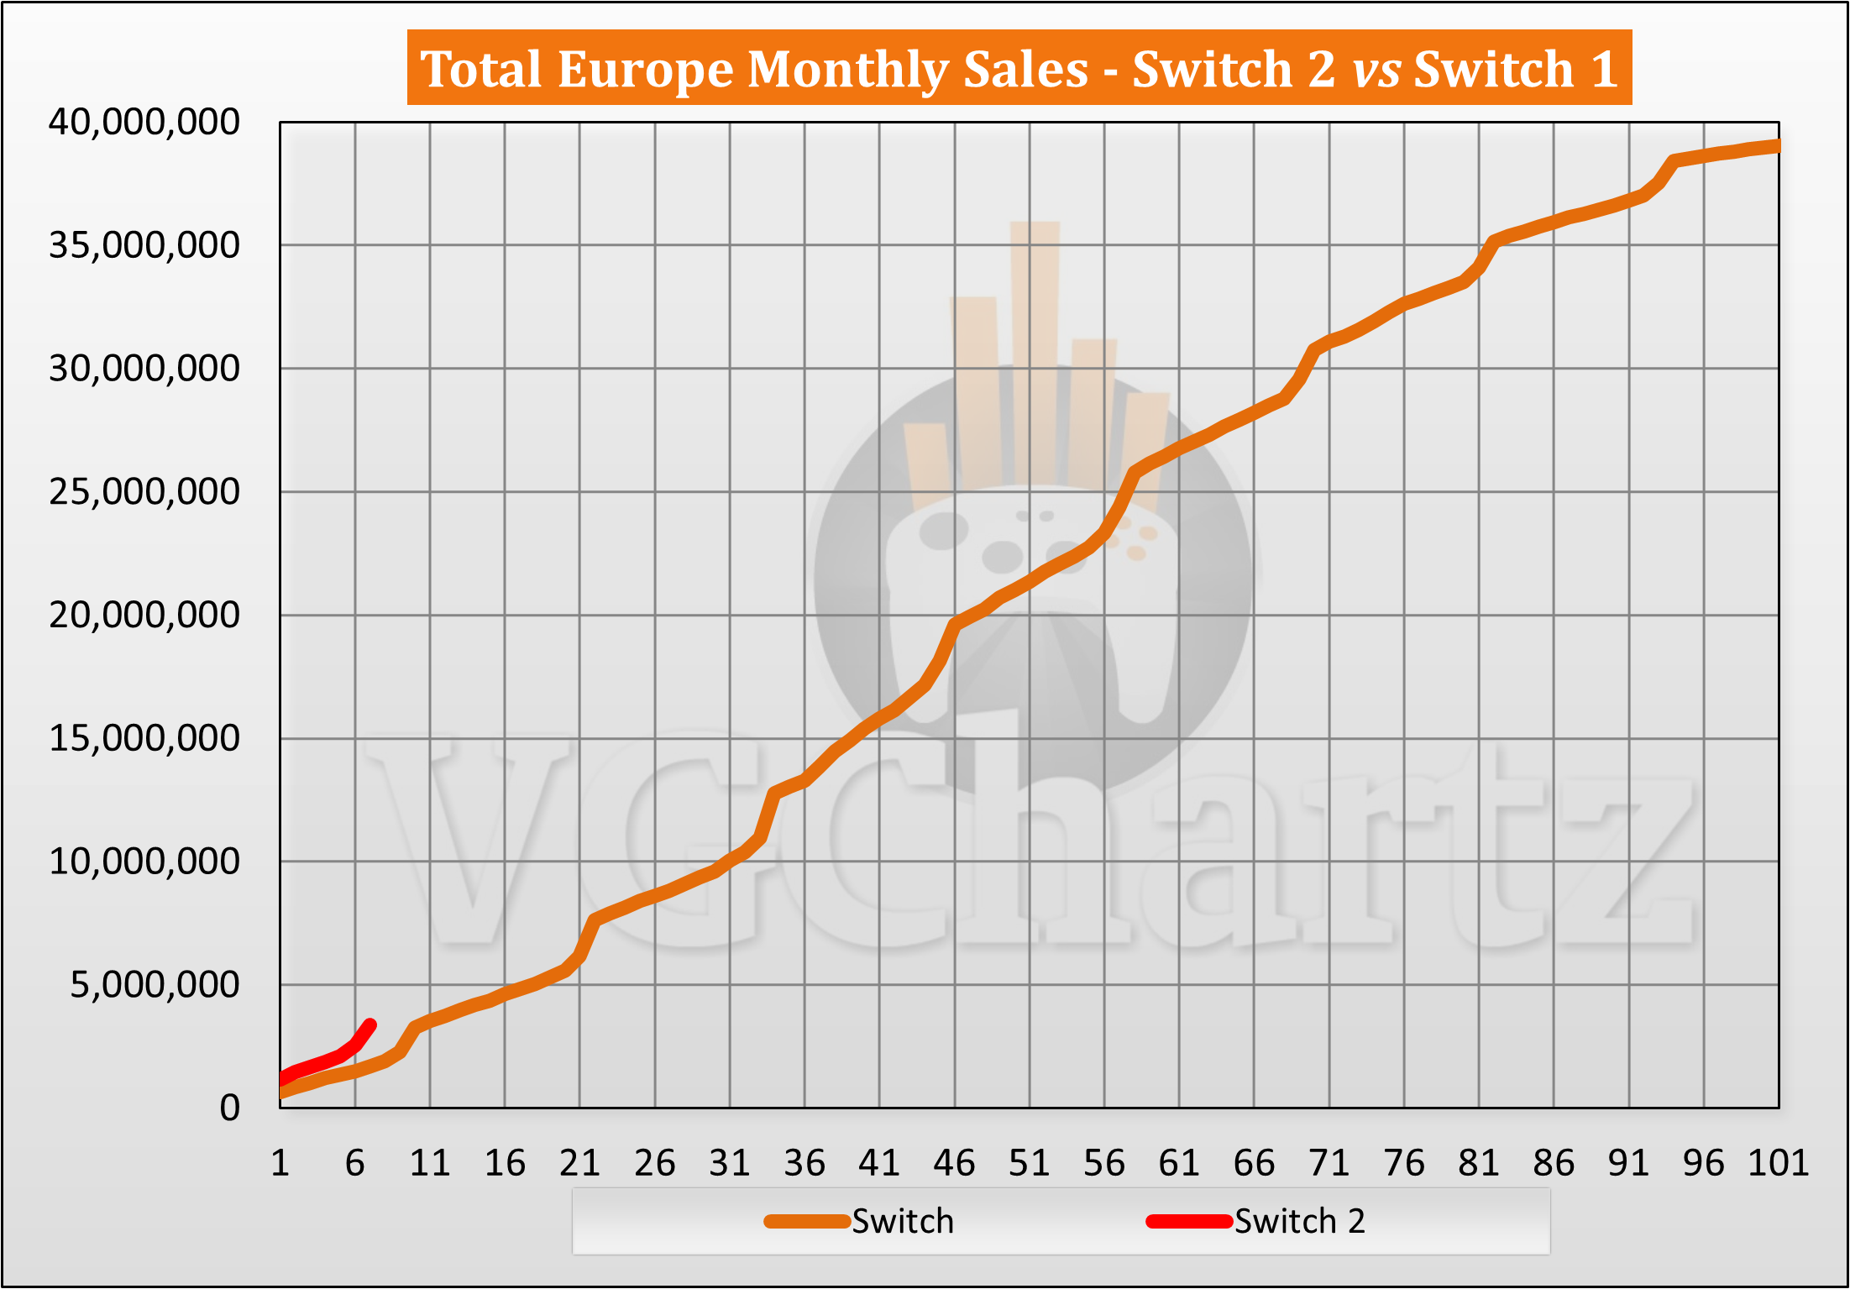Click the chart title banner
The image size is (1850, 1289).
coord(1019,68)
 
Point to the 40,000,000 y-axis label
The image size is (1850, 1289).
coord(144,123)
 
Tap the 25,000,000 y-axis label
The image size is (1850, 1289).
coord(144,492)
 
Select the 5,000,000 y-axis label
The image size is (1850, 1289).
coord(155,985)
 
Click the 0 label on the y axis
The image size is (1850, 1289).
coord(229,1108)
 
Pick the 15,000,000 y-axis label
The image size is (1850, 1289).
coord(144,739)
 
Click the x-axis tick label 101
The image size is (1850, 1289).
coord(1778,1164)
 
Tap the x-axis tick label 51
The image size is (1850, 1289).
coord(1030,1164)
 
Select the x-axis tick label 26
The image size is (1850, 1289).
coord(655,1164)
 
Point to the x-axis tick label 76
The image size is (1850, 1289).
coord(1404,1164)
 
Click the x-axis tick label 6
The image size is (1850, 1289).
coord(355,1164)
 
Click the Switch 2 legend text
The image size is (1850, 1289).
coord(1299,1222)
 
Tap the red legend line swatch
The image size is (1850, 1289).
coord(1189,1222)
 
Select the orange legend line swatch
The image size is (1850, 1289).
coord(807,1222)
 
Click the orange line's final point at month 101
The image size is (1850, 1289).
coord(1776,146)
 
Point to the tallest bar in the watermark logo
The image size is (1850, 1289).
coord(1035,353)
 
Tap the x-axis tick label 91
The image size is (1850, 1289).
coord(1628,1164)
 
